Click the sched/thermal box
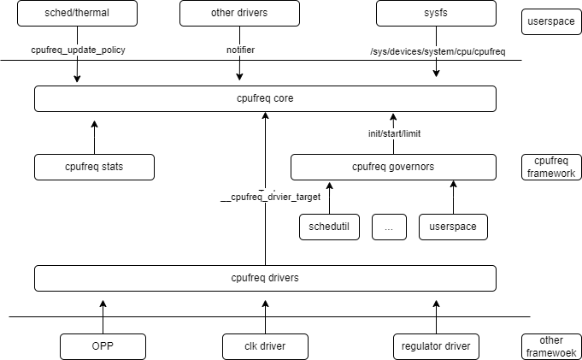tap(77, 13)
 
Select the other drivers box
tap(239, 13)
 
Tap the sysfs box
tap(436, 13)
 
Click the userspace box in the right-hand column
tap(551, 21)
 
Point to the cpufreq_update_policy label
tap(78, 50)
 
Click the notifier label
tap(240, 50)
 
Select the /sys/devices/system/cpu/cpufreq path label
tap(438, 51)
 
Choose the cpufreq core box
tap(265, 98)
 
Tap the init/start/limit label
tap(394, 133)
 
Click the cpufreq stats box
tap(94, 167)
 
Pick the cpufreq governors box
tap(393, 167)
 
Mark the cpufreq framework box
tap(551, 167)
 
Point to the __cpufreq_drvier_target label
tap(270, 197)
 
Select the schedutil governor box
tap(329, 227)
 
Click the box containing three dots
tap(389, 227)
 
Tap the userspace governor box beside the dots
tap(453, 227)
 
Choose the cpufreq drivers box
tap(265, 278)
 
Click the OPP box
tap(103, 346)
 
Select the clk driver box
tap(265, 346)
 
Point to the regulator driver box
tap(436, 346)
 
